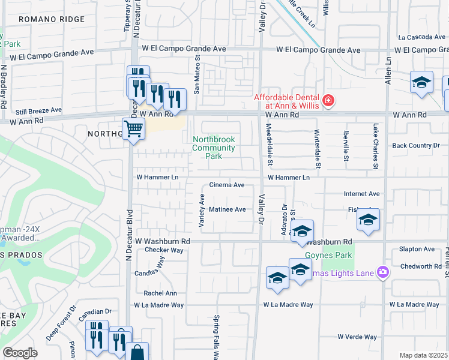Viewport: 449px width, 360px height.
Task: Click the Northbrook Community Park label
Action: click(x=214, y=148)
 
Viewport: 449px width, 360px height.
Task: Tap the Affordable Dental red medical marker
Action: click(x=328, y=100)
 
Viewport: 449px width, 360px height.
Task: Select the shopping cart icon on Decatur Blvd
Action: click(x=133, y=128)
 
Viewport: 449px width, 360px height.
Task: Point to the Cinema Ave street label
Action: click(x=226, y=185)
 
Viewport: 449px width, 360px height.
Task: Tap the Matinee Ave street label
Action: click(x=227, y=209)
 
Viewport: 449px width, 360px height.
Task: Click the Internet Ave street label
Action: click(x=361, y=194)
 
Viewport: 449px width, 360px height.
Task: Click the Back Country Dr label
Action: click(x=412, y=145)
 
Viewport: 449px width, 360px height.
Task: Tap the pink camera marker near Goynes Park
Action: click(x=383, y=273)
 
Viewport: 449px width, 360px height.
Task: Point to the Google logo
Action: click(x=20, y=353)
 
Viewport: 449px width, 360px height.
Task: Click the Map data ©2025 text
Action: click(x=423, y=355)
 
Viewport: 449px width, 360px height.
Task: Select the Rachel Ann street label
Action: click(x=160, y=293)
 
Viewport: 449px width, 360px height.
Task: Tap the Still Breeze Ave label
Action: click(x=38, y=111)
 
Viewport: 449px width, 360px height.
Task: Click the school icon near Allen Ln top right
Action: click(x=421, y=82)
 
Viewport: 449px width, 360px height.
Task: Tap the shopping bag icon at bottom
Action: click(x=137, y=352)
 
